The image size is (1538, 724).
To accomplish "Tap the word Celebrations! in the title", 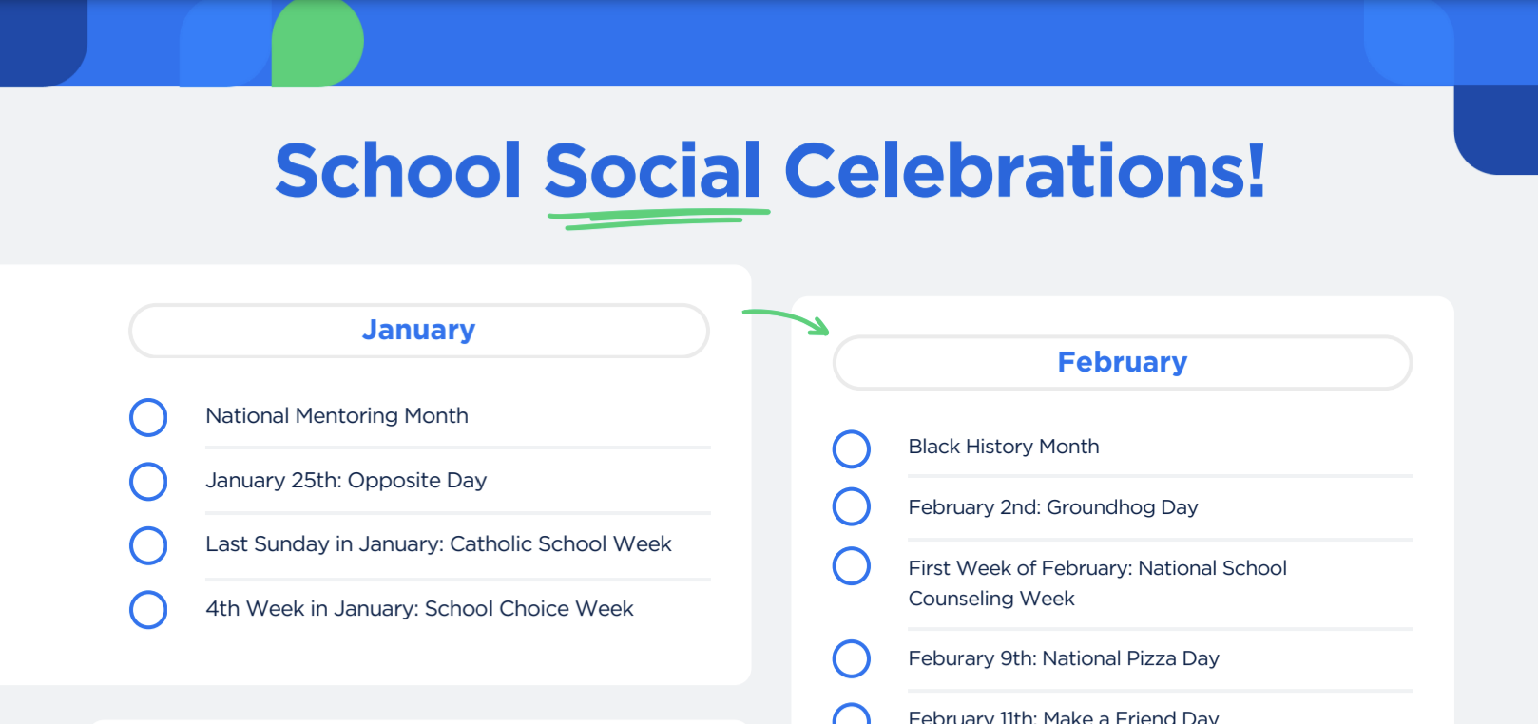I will pos(1024,171).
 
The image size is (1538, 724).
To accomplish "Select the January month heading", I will pos(418,330).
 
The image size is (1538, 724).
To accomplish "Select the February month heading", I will pos(1122,362).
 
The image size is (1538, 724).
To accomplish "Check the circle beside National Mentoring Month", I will pos(148,417).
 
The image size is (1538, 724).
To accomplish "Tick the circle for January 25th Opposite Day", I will pos(148,481).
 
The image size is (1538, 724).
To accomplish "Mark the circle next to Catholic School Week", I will pos(148,545).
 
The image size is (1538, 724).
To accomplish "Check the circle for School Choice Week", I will pos(148,609).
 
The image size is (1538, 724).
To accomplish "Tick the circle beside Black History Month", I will pos(852,448).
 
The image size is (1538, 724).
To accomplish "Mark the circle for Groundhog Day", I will pos(852,506).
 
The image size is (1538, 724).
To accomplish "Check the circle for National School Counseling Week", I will pos(852,566).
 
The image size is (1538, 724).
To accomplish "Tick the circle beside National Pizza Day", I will pos(852,658).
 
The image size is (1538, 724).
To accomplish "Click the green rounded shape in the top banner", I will pos(317,44).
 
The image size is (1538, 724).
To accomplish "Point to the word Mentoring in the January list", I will pos(347,416).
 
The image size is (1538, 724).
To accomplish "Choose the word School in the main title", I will pos(397,171).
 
